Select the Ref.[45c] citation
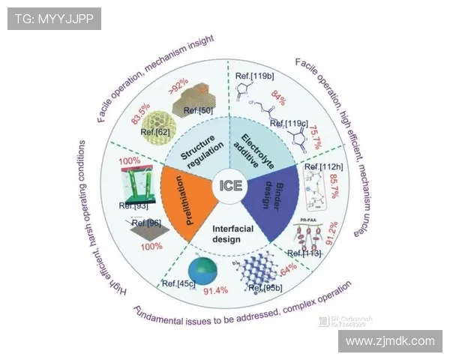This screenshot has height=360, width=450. pyautogui.click(x=178, y=282)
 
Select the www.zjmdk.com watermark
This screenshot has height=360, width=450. pyautogui.click(x=389, y=340)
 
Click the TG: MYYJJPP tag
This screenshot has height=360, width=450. pyautogui.click(x=54, y=19)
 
